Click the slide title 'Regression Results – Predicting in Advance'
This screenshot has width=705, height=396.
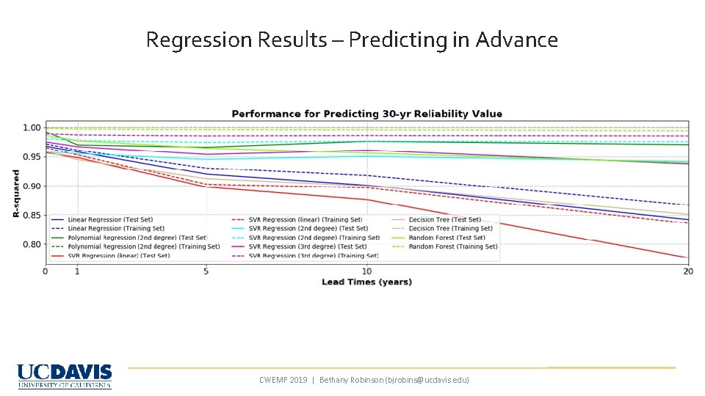(352, 40)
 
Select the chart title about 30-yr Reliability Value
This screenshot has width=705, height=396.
(367, 114)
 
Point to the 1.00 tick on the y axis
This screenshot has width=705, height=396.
(31, 128)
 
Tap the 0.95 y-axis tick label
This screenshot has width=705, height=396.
(31, 157)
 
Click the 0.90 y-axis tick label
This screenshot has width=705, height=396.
(31, 186)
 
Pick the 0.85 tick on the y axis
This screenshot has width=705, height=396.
(31, 216)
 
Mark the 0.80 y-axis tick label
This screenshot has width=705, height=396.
(31, 245)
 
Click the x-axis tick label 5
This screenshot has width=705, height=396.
(206, 271)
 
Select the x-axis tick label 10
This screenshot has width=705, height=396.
(366, 271)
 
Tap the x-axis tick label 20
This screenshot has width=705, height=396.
(687, 271)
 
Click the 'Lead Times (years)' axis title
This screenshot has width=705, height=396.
(366, 282)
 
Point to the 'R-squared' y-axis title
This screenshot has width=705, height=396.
(16, 193)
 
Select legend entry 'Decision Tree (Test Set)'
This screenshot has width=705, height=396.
(444, 219)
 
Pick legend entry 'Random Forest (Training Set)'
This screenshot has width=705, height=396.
(452, 246)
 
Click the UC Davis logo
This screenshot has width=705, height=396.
(65, 376)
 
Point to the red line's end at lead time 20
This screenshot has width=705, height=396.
(687, 257)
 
